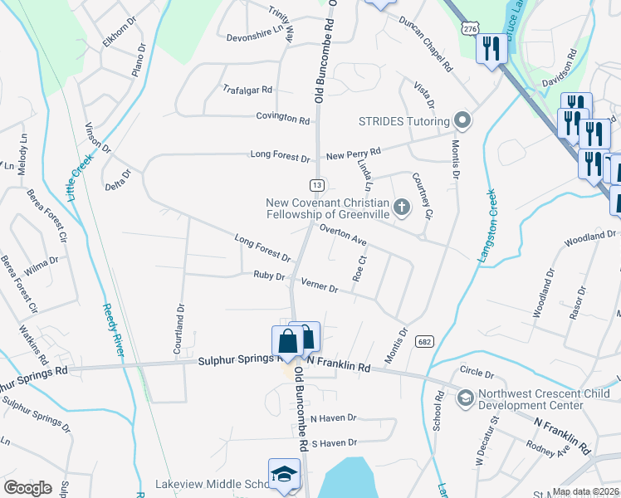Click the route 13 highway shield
tap(316, 184)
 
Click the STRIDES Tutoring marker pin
tap(463, 121)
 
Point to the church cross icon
tap(402, 207)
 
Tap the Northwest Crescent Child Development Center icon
tap(465, 398)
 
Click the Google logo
tap(27, 488)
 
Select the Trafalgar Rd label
tap(247, 89)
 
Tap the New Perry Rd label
tap(353, 153)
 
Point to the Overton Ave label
tap(343, 236)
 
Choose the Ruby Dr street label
tap(269, 276)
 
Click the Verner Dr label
tap(320, 287)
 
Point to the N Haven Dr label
tap(332, 418)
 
